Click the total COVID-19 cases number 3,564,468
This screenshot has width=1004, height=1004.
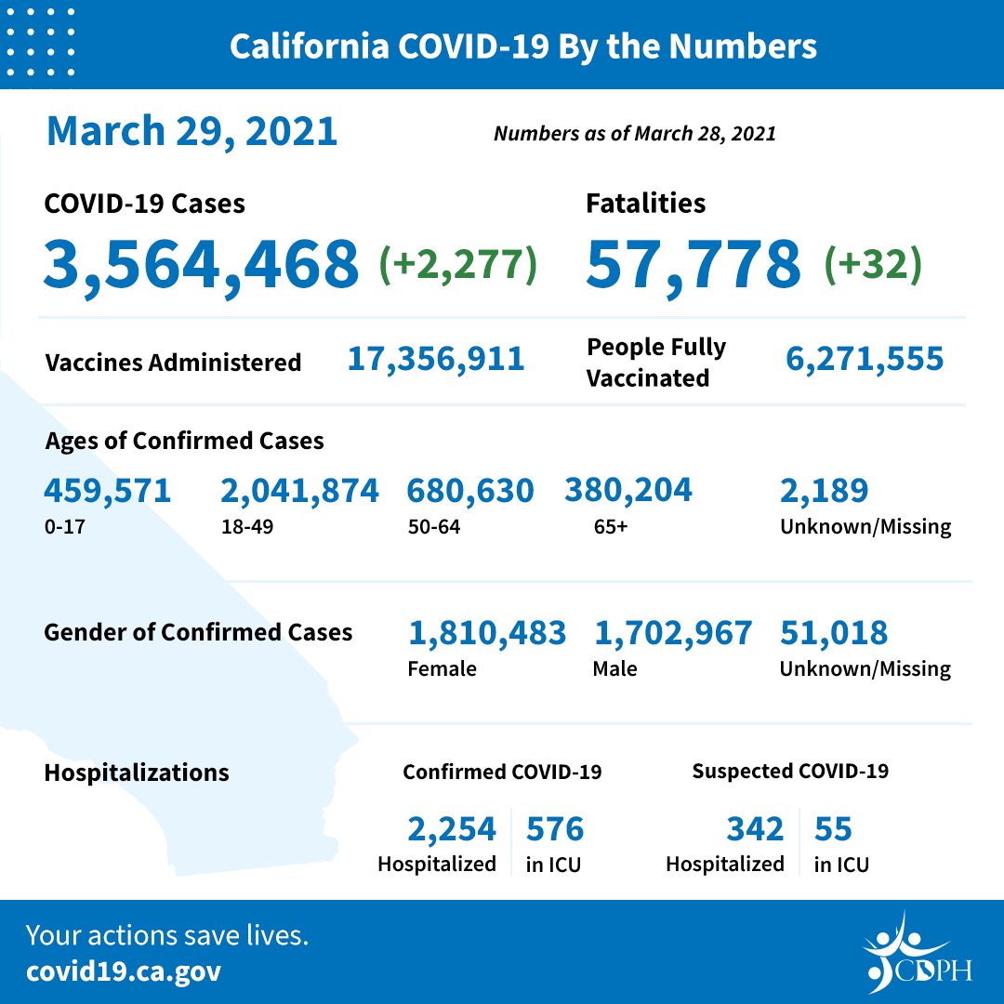pos(201,263)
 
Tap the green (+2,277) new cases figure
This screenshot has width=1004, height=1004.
pos(458,264)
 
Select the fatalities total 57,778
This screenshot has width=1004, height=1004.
pos(694,263)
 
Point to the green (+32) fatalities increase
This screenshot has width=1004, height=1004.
pos(873,264)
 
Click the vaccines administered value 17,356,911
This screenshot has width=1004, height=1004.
pos(436,358)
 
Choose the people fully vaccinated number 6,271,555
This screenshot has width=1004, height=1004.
pos(865,358)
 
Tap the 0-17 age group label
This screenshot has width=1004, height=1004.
pos(61,527)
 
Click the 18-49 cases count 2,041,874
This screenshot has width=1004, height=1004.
pos(299,490)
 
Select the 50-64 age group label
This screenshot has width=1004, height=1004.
pos(433,527)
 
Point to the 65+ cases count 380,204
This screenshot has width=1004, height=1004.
pos(628,489)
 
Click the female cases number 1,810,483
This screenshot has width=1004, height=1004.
pos(487,633)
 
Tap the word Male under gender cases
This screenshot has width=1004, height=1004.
pos(614,668)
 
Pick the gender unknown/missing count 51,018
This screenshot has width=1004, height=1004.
pos(834,633)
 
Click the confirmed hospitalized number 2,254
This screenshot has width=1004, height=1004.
pos(452,828)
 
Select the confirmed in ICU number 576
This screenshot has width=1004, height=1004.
pos(555,828)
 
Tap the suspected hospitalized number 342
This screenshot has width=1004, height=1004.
pos(755,828)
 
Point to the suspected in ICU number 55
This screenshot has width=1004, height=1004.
pos(833,828)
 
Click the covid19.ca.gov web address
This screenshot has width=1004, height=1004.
pos(124,972)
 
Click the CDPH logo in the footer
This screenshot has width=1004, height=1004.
pos(917,954)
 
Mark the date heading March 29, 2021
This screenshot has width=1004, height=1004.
pos(192,131)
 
